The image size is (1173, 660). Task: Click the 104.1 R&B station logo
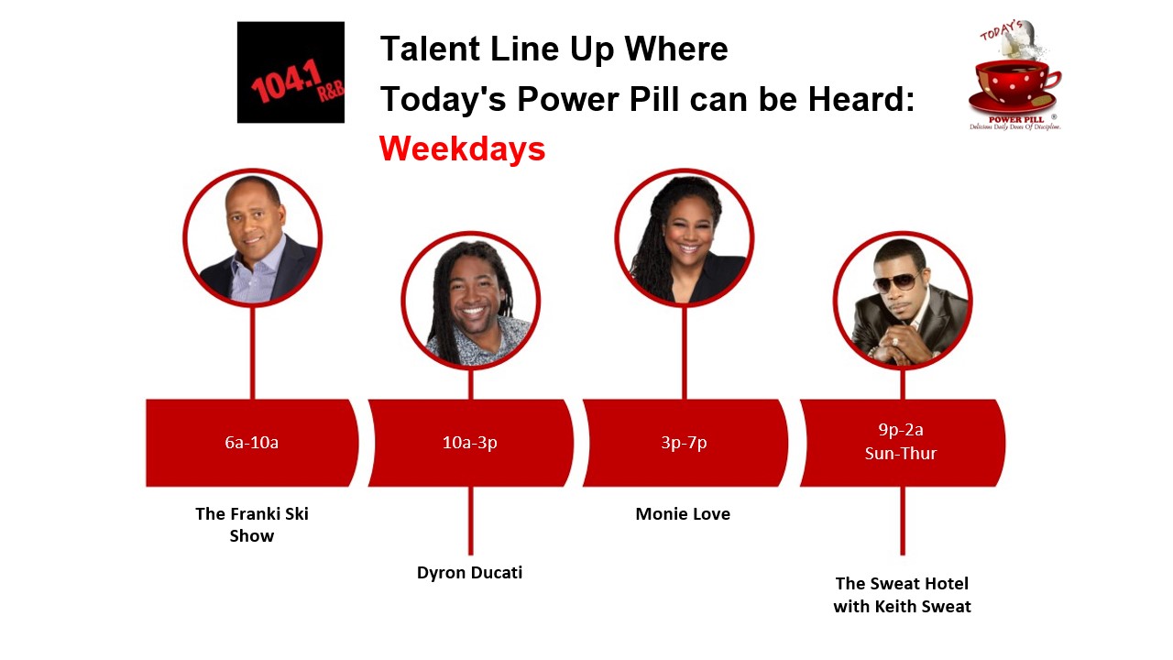coord(291,72)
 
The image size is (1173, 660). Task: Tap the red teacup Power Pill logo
coord(1014,76)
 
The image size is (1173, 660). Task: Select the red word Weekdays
coord(463,148)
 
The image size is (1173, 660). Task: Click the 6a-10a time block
coord(252,443)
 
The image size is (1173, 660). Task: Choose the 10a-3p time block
coord(470,443)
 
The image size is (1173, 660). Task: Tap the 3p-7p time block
coord(685,443)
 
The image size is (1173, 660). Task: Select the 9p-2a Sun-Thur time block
coord(902,443)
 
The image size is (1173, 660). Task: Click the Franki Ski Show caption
coord(252,524)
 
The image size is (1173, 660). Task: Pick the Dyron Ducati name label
coord(470,573)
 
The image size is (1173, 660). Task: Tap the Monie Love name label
coord(683,514)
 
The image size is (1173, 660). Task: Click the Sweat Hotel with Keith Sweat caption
coord(903,595)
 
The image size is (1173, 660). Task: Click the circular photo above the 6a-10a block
coord(252,237)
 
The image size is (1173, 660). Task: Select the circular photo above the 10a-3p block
coord(471,300)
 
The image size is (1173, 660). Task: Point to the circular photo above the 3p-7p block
coord(685,237)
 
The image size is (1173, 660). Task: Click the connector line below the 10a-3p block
coord(471,521)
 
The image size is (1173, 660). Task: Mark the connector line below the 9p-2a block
coord(903,521)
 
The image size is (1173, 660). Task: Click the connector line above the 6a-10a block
coord(252,353)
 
